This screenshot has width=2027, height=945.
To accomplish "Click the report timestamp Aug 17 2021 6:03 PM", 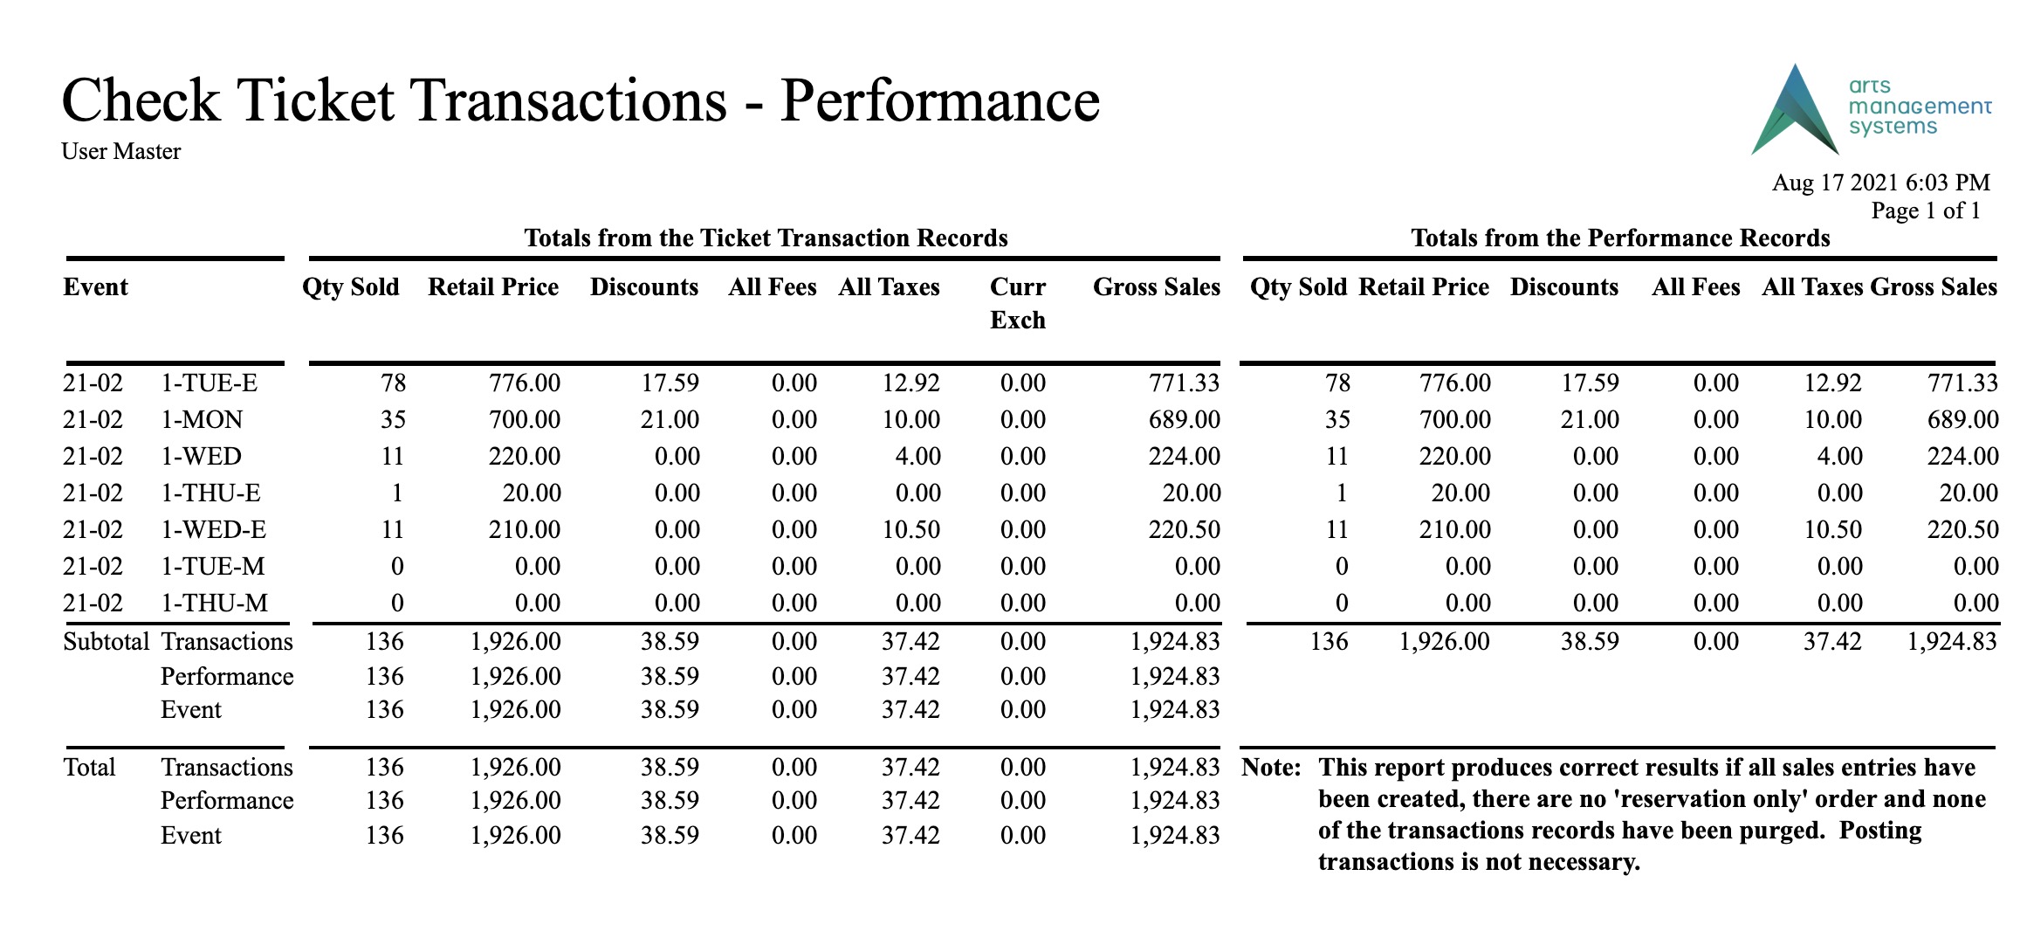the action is click(x=1880, y=183).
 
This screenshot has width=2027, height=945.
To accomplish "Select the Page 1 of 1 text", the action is click(x=1926, y=210).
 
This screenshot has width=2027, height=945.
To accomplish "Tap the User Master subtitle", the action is click(x=121, y=151).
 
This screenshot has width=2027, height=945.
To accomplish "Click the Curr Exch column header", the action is click(x=1018, y=303).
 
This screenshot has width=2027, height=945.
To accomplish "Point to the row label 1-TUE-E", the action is click(x=209, y=383).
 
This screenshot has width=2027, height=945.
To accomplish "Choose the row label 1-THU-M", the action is click(x=214, y=603).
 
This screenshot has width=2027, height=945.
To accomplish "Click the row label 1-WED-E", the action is click(x=213, y=529).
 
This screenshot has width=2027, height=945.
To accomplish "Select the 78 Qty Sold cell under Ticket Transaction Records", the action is click(x=393, y=383).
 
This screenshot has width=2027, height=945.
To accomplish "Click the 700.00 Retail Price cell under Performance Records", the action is click(x=1455, y=419).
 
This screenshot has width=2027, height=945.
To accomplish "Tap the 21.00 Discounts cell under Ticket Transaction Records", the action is click(x=670, y=419).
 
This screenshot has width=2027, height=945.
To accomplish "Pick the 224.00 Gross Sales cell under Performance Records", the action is click(x=1962, y=456).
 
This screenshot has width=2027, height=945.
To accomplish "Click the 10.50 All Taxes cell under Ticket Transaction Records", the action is click(x=910, y=529).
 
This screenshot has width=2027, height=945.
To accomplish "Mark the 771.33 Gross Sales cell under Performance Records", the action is click(x=1962, y=383).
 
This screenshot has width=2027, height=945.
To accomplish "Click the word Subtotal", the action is click(x=107, y=641).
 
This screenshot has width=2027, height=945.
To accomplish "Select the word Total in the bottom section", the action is click(x=89, y=767).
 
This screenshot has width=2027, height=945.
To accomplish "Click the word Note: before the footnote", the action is click(x=1271, y=767).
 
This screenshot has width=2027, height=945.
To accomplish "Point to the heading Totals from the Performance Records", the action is click(x=1620, y=238).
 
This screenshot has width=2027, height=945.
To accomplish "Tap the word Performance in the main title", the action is click(x=940, y=100).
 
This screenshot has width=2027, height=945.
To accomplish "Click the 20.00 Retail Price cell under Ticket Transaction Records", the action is click(x=532, y=493).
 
